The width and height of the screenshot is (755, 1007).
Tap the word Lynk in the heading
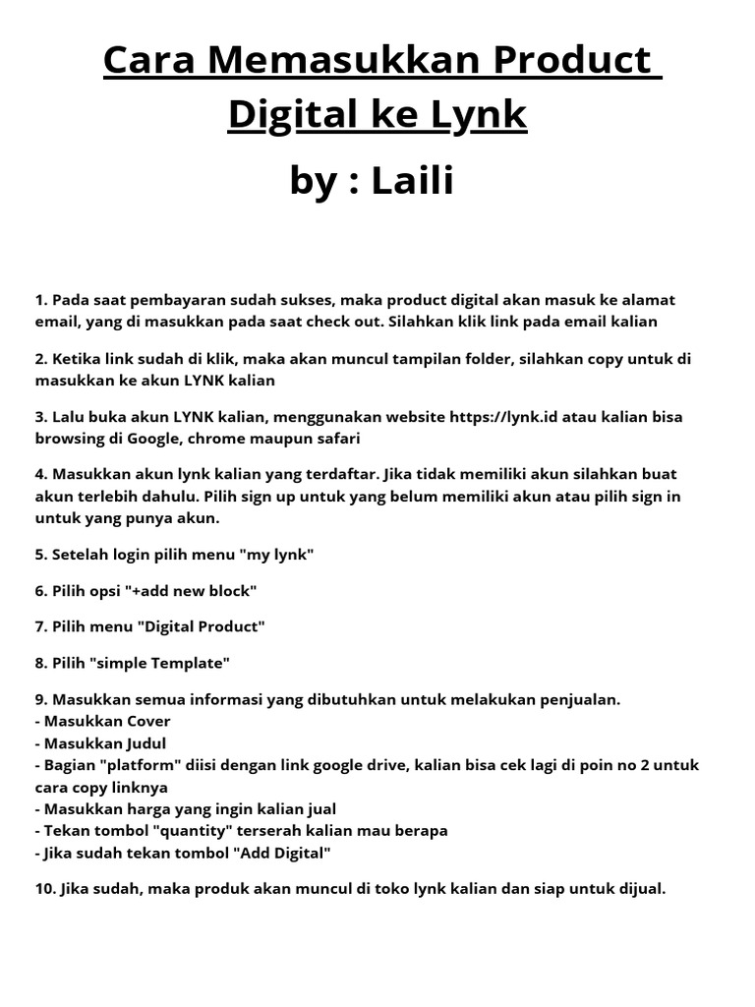pyautogui.click(x=479, y=115)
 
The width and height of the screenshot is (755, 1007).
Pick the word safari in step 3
pyautogui.click(x=337, y=439)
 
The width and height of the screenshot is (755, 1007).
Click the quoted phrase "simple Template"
pyautogui.click(x=159, y=663)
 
